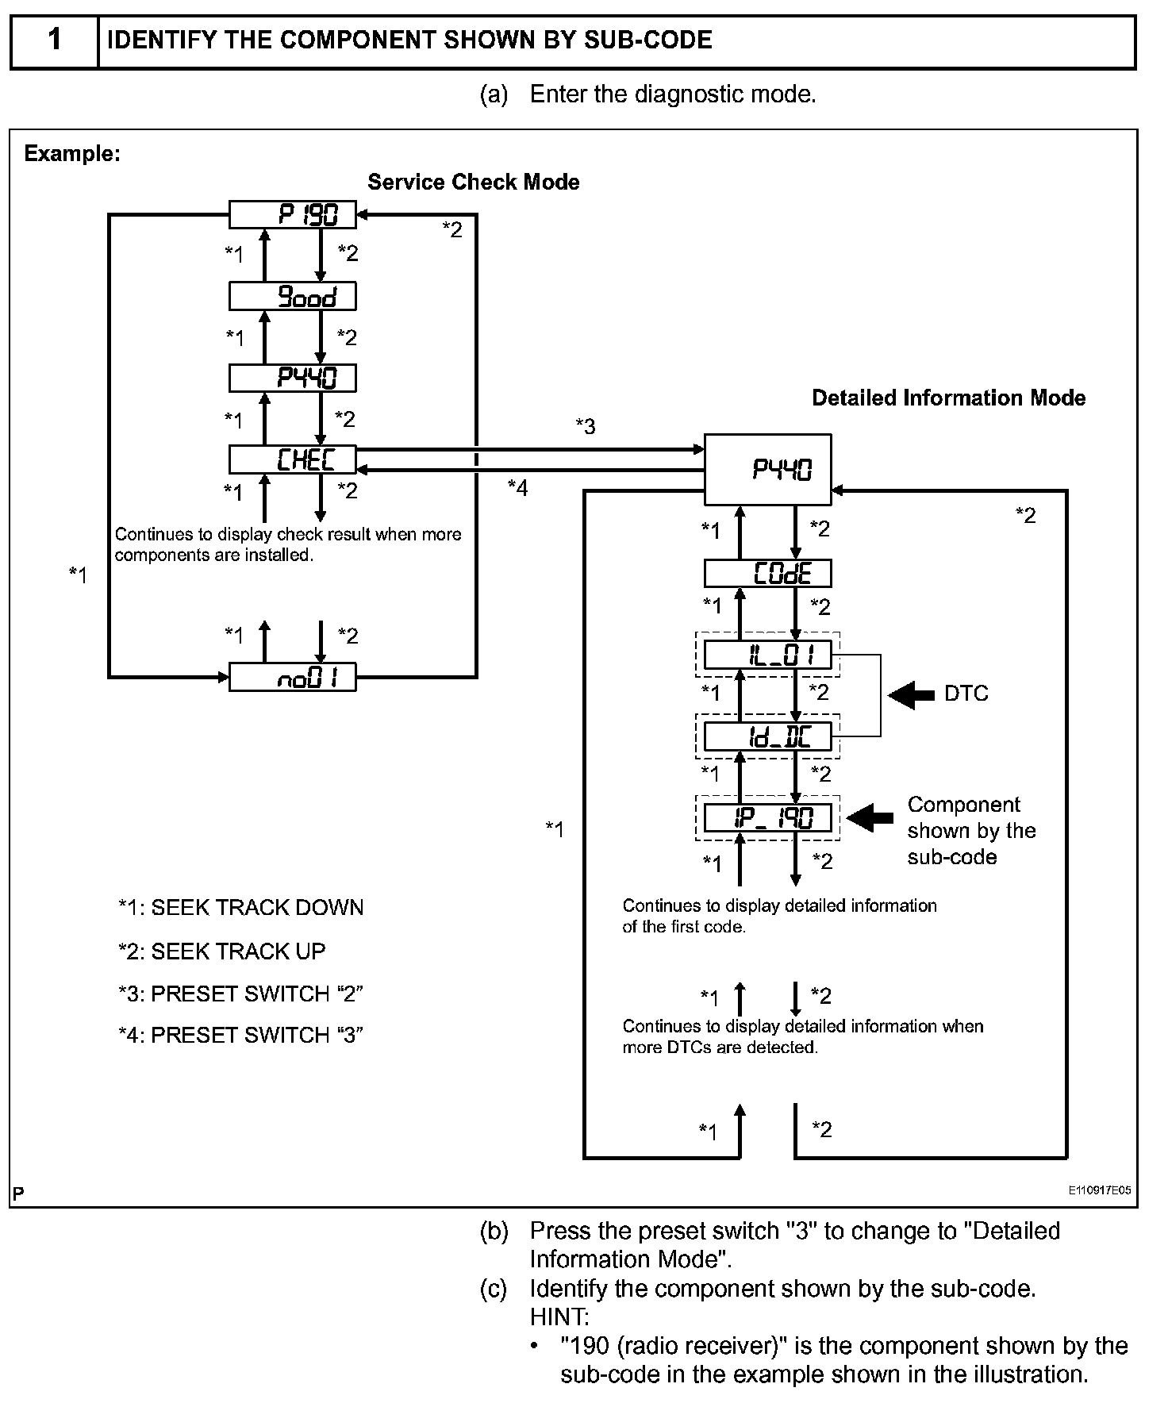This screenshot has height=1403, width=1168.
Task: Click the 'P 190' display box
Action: [x=292, y=214]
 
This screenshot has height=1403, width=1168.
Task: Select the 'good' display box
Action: [x=292, y=296]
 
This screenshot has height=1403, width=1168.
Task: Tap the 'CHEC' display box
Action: [x=292, y=459]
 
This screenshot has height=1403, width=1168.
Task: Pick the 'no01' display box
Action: [x=292, y=678]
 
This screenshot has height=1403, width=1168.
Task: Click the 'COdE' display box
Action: [x=767, y=573]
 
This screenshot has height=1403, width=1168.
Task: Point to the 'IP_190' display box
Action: [x=767, y=817]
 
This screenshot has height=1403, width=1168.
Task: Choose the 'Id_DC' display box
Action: [x=767, y=736]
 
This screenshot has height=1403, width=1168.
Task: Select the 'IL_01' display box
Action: [x=767, y=655]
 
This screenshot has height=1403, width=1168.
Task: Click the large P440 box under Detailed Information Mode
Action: [x=767, y=469]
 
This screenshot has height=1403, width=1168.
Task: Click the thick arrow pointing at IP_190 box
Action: [x=870, y=817]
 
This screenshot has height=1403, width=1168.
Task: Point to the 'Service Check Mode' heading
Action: [x=473, y=182]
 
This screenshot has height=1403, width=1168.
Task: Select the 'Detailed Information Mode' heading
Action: [x=948, y=398]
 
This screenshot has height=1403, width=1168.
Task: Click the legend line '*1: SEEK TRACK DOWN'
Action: [x=240, y=907]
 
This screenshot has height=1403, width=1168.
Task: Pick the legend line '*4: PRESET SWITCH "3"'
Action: [x=240, y=1035]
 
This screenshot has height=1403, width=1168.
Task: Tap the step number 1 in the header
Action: [x=54, y=40]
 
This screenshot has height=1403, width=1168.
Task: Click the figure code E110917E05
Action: [x=1099, y=1190]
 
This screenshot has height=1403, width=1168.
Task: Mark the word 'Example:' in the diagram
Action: [x=72, y=153]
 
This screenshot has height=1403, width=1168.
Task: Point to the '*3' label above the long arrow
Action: [x=585, y=427]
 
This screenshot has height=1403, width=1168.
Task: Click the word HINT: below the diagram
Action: [x=559, y=1317]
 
